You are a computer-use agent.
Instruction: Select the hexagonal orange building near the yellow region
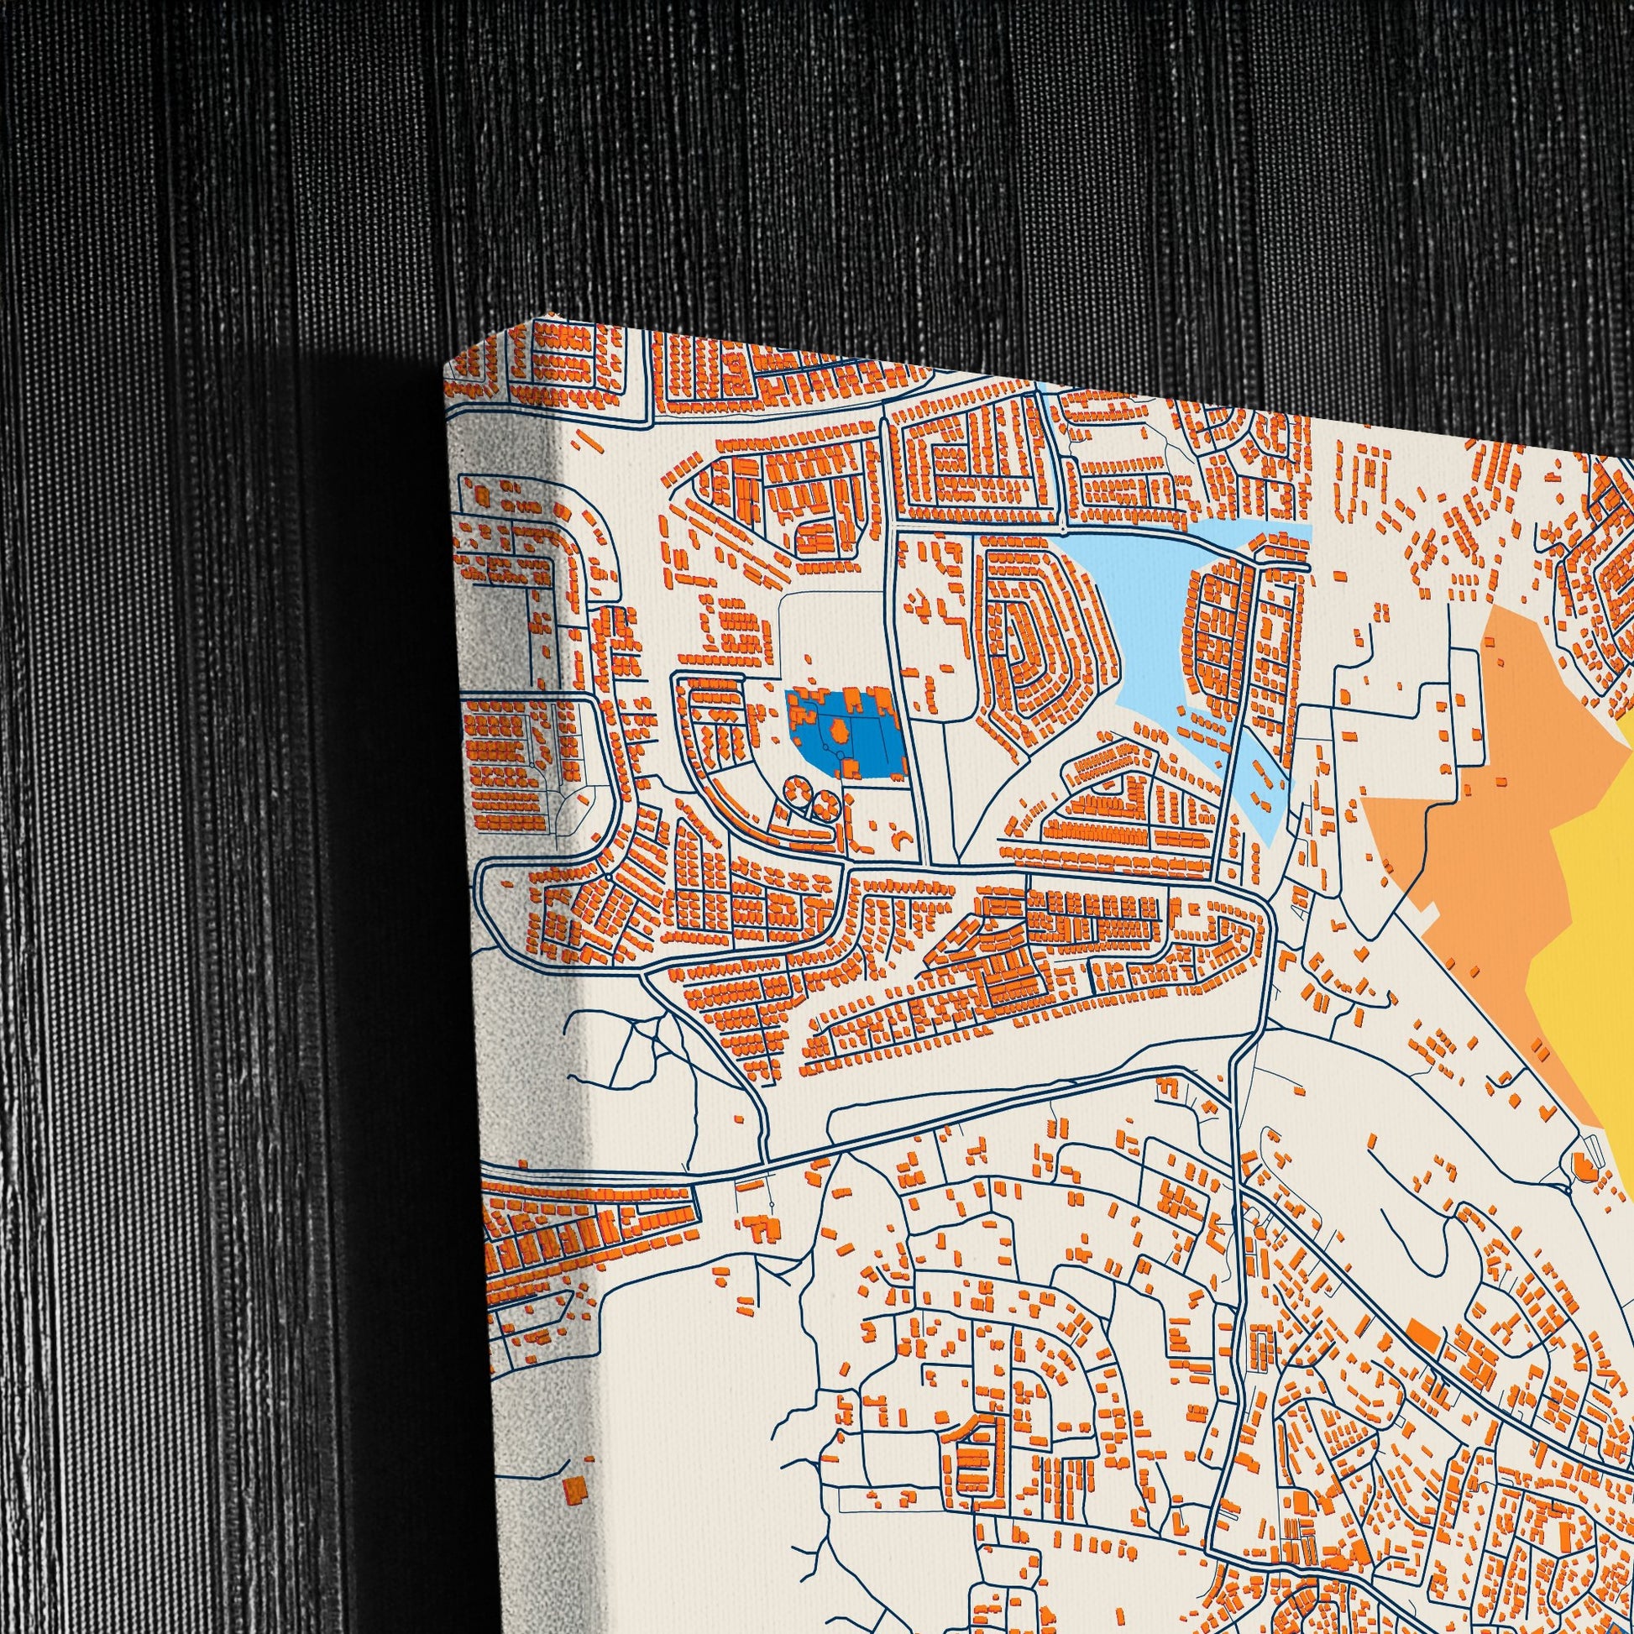(x=1582, y=1168)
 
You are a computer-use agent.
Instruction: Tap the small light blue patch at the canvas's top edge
(x=1042, y=388)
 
